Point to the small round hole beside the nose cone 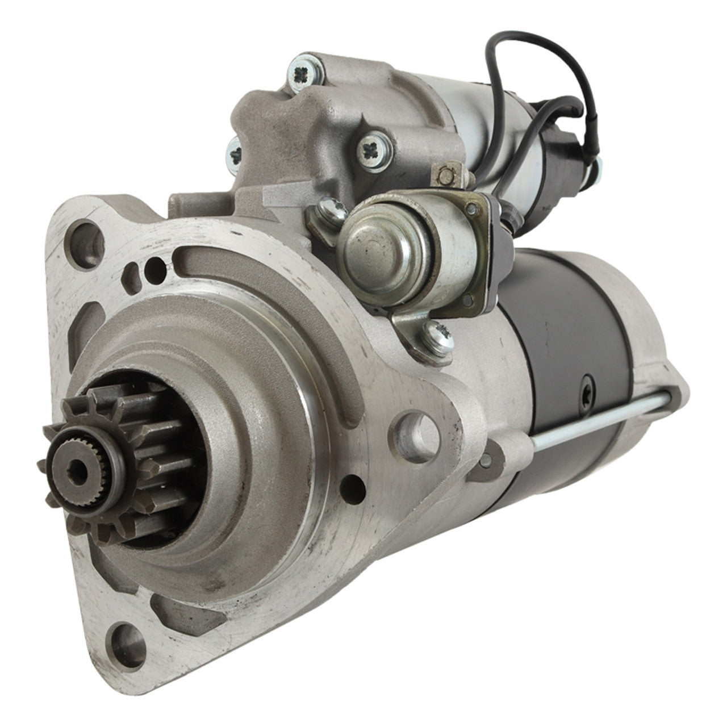click(x=357, y=483)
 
